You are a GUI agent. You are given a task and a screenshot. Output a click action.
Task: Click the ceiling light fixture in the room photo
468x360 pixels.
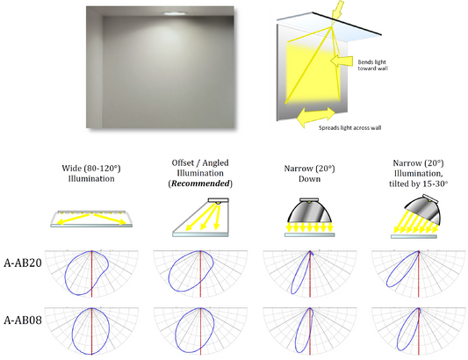coord(175,13)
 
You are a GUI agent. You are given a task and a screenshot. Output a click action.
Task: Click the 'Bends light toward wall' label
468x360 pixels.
coord(372,65)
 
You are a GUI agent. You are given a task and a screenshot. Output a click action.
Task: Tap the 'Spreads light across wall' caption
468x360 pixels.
coord(349,128)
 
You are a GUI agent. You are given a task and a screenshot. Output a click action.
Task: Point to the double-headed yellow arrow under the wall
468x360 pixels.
coord(316,117)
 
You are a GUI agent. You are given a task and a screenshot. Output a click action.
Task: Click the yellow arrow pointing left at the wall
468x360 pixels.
coord(342,61)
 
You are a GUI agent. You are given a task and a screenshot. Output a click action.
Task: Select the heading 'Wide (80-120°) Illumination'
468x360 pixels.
coord(91,174)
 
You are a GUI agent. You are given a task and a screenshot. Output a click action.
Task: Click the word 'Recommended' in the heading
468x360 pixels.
coord(200,184)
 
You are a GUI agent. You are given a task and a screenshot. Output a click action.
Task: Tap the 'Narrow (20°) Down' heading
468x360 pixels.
coord(310,174)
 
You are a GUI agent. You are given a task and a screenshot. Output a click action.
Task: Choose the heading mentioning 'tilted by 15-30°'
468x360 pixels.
coord(418,174)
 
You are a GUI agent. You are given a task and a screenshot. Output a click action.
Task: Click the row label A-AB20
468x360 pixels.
coord(23,263)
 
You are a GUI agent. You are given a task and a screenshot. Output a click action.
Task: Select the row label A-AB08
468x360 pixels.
coord(23,320)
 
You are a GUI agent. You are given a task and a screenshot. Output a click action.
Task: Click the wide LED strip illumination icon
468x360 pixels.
coord(91,219)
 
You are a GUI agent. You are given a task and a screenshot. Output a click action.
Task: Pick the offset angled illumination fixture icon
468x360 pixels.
coord(200,217)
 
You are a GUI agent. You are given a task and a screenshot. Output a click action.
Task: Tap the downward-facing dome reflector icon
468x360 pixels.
coord(310,217)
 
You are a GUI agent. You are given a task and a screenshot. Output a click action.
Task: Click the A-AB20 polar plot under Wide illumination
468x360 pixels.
coord(91,273)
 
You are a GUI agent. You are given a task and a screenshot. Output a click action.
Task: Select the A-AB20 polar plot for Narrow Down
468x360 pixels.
coord(310,273)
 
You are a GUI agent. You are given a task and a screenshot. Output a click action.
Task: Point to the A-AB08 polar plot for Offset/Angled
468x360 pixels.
coord(200,331)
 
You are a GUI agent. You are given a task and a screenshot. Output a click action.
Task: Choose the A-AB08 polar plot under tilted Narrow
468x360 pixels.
coord(419,331)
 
